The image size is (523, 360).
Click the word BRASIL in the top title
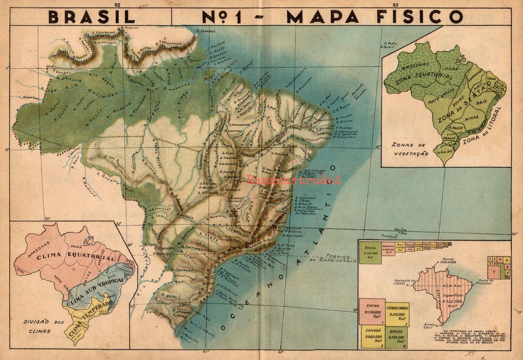[92, 17]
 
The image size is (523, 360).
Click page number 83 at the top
[396, 4]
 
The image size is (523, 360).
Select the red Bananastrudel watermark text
[294, 181]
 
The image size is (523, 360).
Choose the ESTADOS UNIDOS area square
[397, 314]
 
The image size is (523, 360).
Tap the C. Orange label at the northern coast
[206, 31]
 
